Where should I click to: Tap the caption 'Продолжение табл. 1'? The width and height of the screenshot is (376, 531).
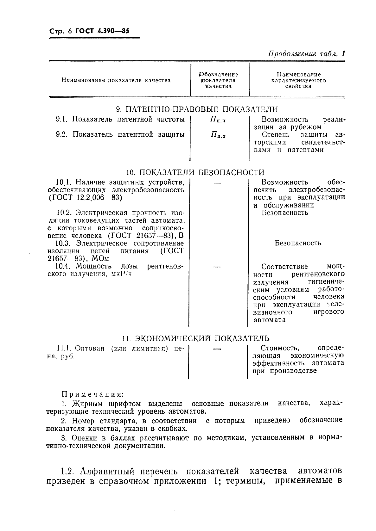coord(306,53)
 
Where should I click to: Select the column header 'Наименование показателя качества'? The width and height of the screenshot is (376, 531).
coord(116,80)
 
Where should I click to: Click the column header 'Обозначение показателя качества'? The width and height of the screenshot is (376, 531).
coord(219,80)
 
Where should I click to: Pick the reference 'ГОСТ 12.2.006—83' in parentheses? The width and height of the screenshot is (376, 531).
coord(85,198)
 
